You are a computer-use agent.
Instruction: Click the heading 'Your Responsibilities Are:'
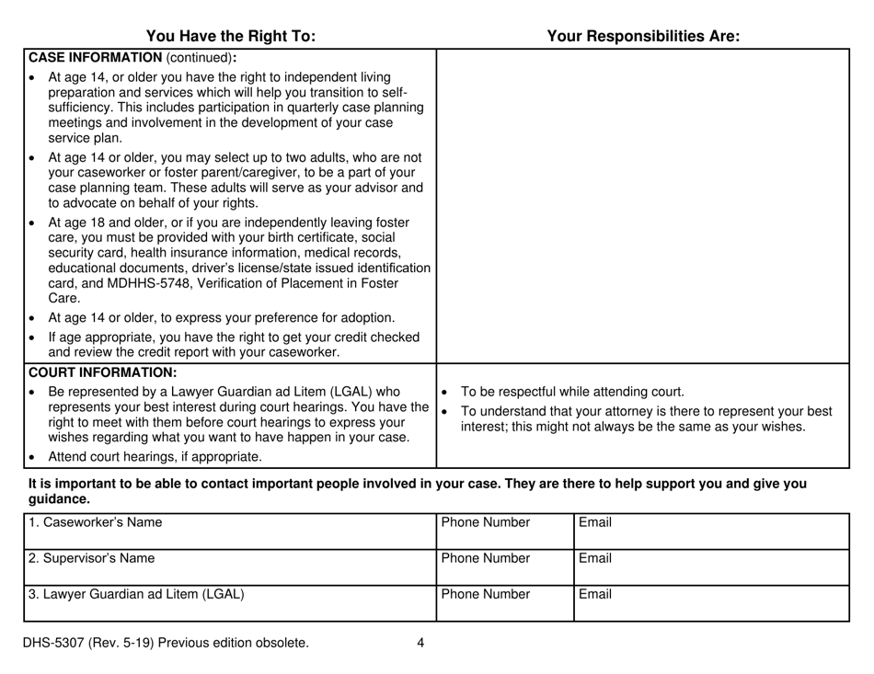coord(643,37)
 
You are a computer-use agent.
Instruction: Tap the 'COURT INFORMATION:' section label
coord(102,372)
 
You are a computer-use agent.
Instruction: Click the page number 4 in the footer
coord(420,644)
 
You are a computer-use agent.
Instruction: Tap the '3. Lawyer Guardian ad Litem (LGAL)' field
coord(229,601)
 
